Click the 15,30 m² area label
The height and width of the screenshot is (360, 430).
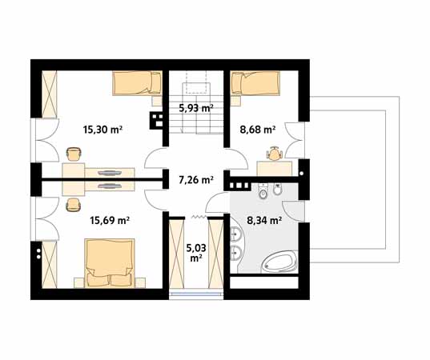coord(102,130)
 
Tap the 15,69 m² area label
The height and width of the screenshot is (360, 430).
coord(110,220)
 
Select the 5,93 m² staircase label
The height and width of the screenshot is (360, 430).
coord(196,108)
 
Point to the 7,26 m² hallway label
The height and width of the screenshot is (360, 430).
coord(196,180)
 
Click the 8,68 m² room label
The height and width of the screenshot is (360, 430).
coord(258,130)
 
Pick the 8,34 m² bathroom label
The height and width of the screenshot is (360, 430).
coord(264,221)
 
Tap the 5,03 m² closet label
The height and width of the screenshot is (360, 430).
coord(196,253)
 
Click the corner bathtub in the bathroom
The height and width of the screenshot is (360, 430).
coord(279,262)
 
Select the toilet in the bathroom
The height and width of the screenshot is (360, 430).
coord(263,191)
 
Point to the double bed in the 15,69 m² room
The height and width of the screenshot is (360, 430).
coord(110,263)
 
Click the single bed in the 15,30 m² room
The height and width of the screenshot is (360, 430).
coord(137,83)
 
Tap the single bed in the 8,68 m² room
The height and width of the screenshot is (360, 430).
coord(255,83)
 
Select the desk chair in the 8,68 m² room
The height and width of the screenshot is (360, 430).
coord(274,154)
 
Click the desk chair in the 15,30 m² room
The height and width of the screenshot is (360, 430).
coord(74,154)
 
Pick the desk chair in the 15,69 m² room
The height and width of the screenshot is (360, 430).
coord(74,204)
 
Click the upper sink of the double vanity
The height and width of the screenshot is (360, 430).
coord(235,234)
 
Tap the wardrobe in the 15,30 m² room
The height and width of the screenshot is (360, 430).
coord(50,94)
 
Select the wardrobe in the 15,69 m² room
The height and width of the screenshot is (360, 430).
coord(50,264)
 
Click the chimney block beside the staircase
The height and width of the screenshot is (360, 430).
coord(156,120)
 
